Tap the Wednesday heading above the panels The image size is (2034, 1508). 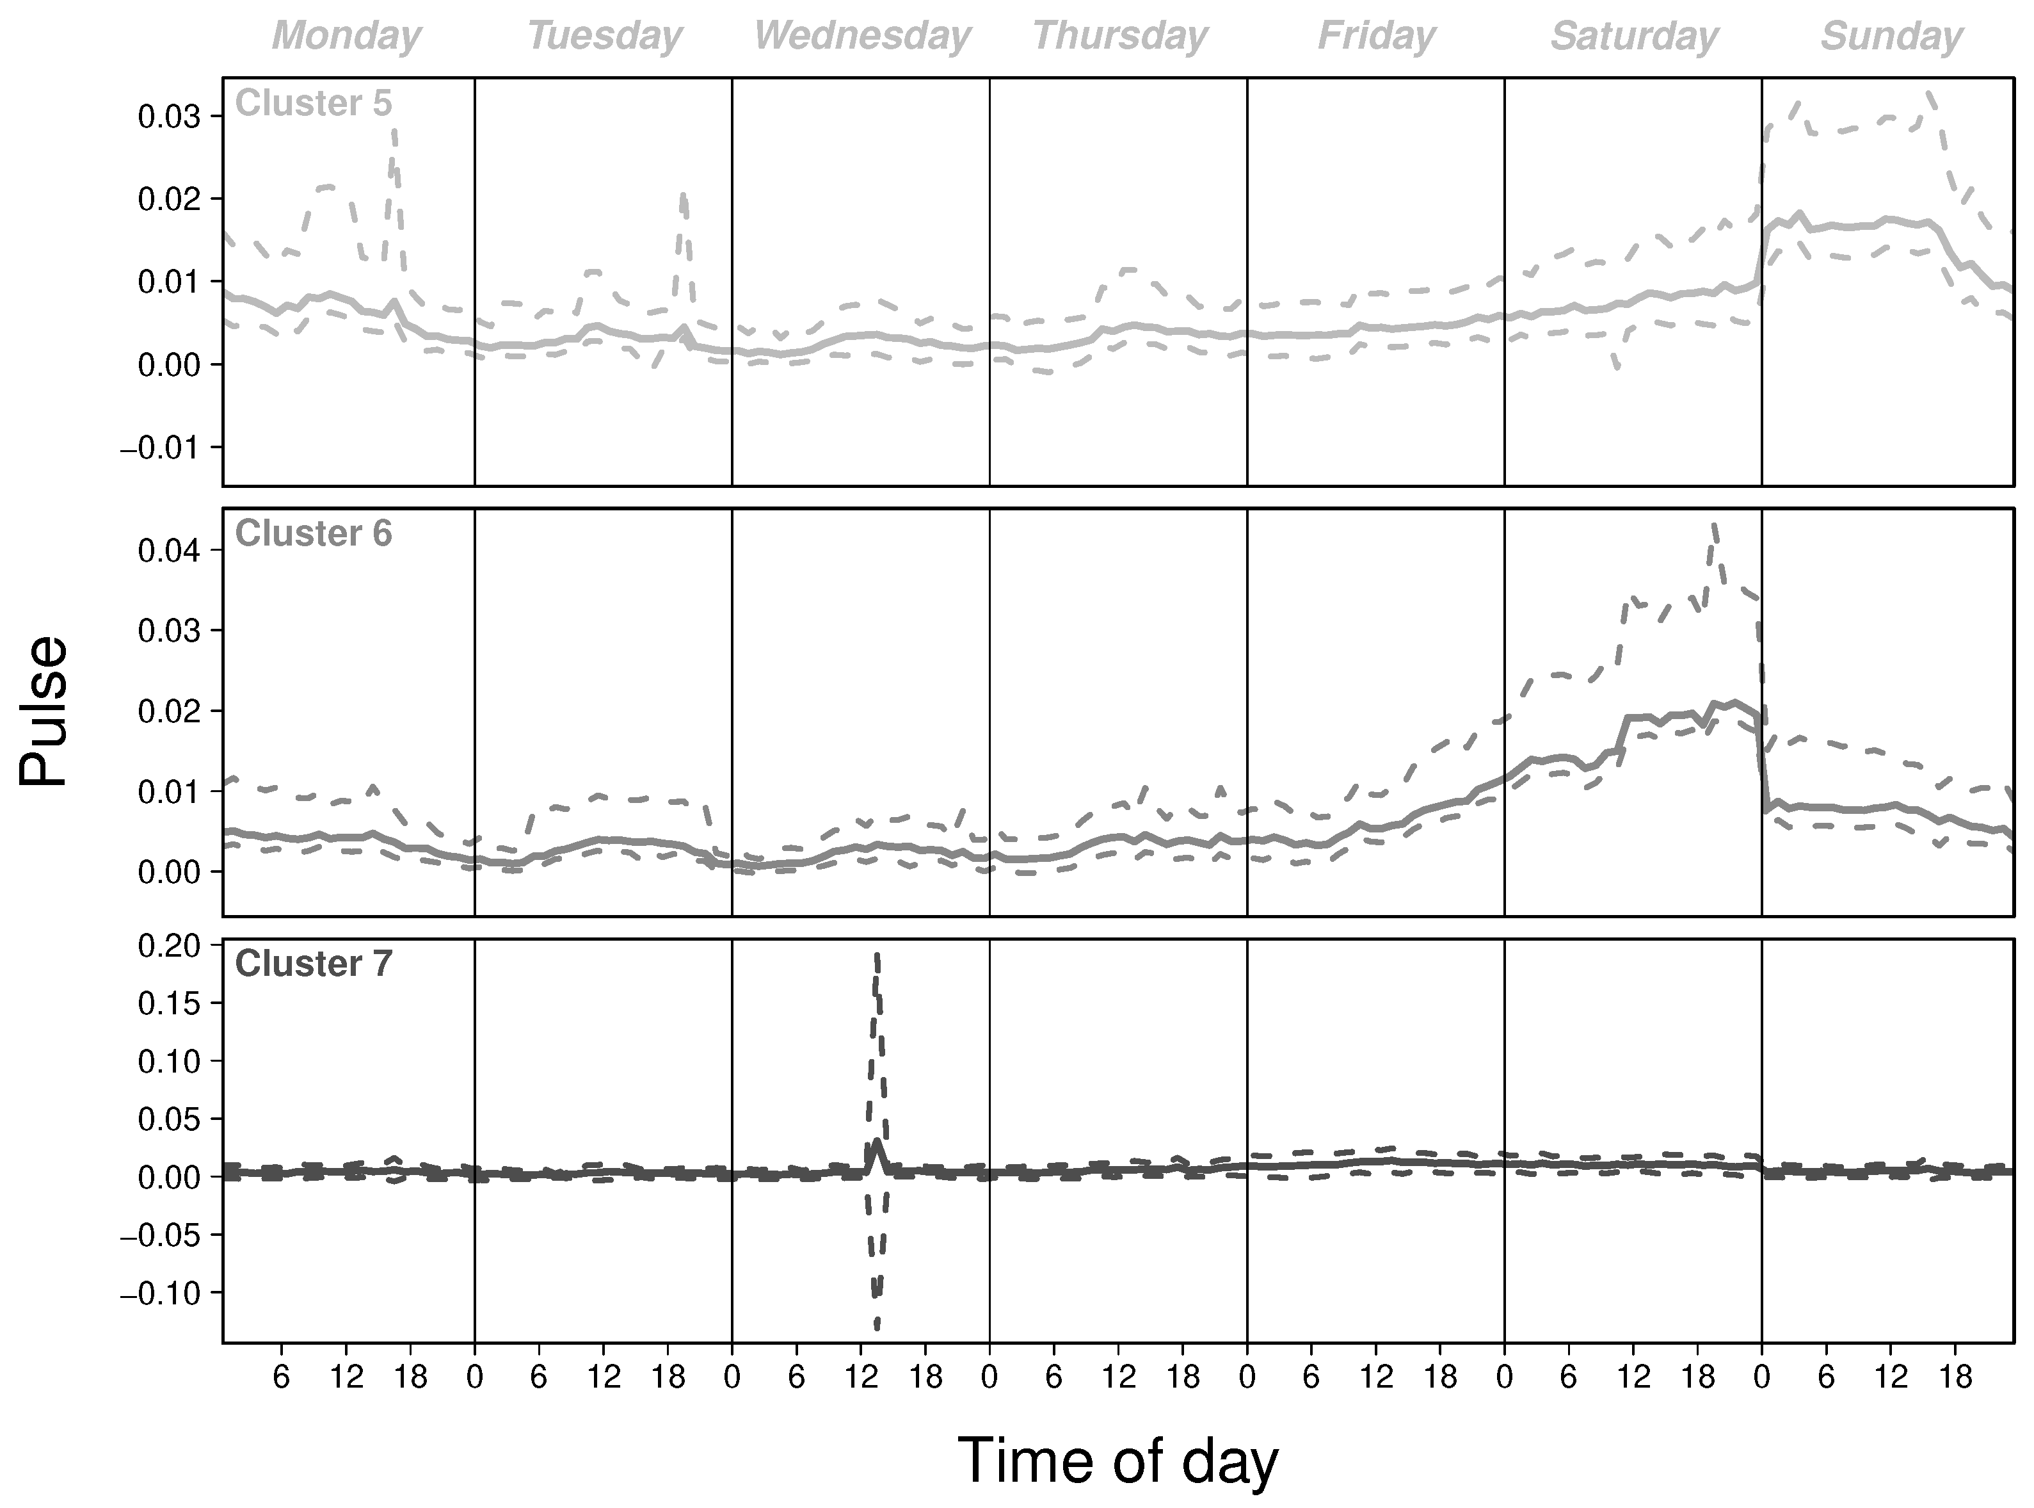click(x=861, y=36)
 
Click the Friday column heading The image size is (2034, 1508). click(x=1376, y=36)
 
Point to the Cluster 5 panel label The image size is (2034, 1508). click(x=313, y=103)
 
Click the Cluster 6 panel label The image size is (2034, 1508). click(x=313, y=534)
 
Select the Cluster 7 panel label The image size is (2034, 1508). click(x=313, y=964)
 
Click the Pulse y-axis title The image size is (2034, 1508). click(x=44, y=711)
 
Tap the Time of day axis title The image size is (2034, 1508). click(x=1118, y=1461)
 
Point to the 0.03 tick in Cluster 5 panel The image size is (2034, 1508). click(x=171, y=116)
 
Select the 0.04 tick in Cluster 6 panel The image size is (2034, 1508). click(x=171, y=551)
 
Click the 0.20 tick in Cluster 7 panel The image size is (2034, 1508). click(x=171, y=946)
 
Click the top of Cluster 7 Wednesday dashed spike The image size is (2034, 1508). click(x=877, y=954)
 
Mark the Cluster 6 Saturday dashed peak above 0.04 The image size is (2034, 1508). click(x=1715, y=525)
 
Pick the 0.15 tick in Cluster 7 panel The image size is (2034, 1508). click(x=171, y=1003)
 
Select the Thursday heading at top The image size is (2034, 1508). click(x=1119, y=36)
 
